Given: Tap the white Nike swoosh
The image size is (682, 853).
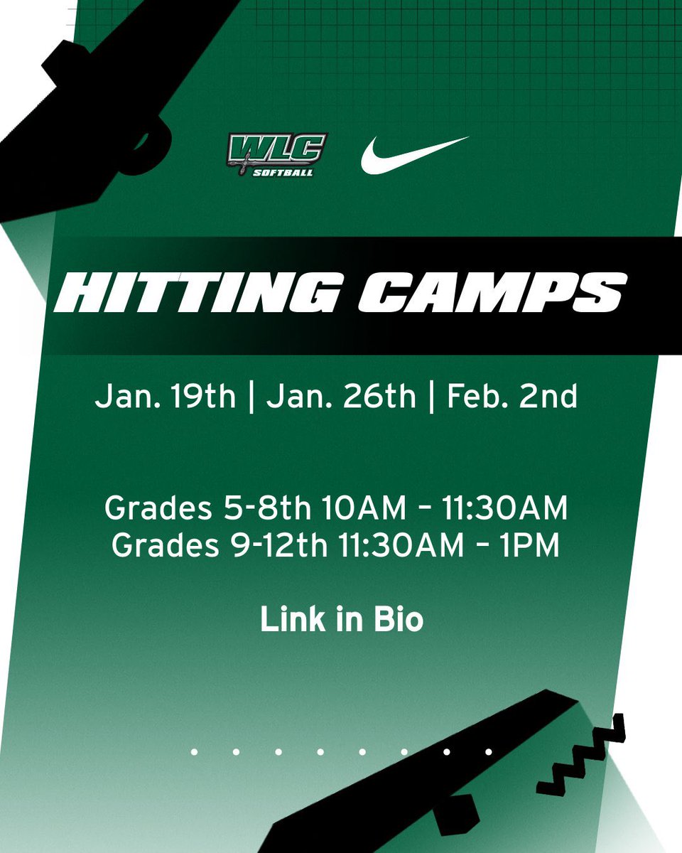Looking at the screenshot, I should [414, 154].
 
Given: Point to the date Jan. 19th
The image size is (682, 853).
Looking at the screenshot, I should [165, 397].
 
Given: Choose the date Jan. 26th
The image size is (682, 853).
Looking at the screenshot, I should [341, 397].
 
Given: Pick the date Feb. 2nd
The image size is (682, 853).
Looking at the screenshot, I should [512, 397].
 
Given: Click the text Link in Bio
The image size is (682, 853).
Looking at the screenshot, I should [342, 619].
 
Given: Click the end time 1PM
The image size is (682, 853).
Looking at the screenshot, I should [532, 545].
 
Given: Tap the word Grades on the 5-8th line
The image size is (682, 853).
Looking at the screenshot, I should [155, 509].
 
